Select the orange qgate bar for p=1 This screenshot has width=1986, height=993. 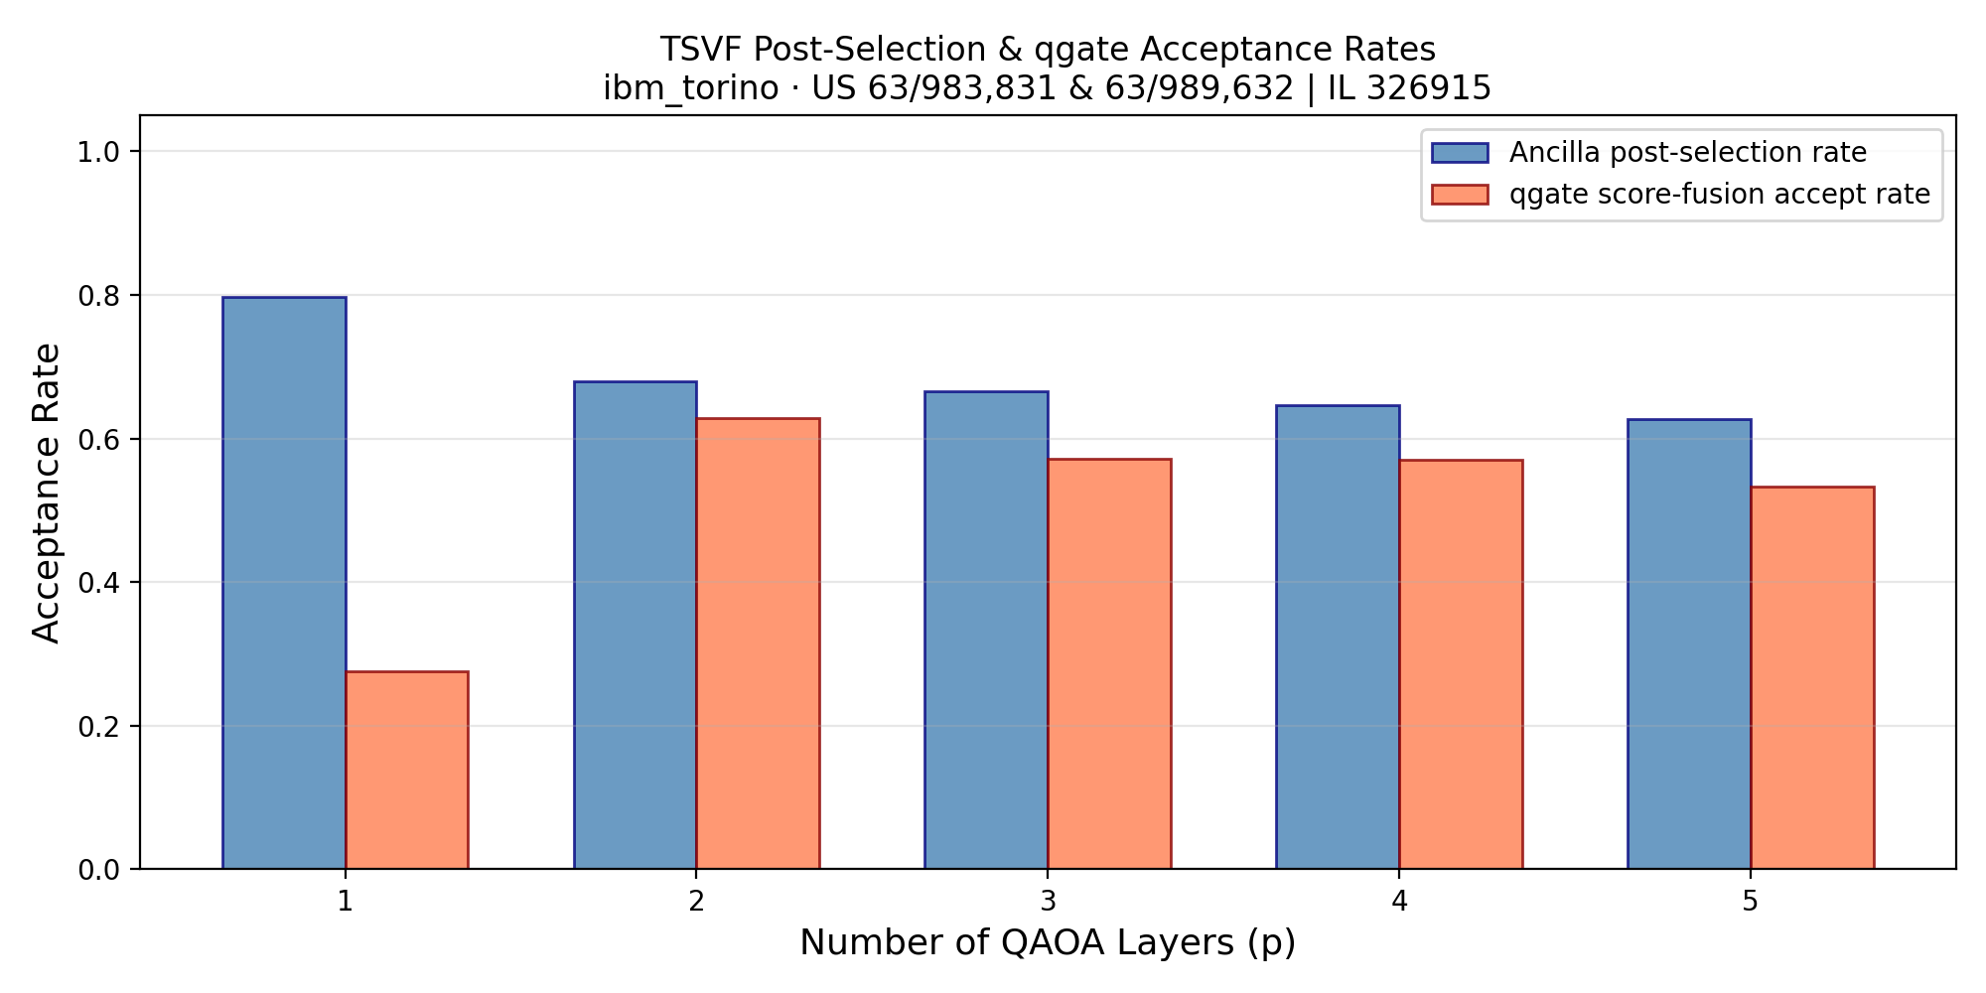(x=407, y=771)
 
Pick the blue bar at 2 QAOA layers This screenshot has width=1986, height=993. (x=636, y=626)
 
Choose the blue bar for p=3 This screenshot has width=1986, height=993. (x=986, y=631)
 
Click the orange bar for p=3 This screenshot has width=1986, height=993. (x=1109, y=664)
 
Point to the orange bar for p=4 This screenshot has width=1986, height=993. (x=1461, y=664)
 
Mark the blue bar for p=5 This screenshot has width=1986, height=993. (x=1689, y=644)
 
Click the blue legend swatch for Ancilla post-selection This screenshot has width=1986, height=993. (x=1460, y=153)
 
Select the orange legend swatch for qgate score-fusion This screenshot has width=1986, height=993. (x=1460, y=195)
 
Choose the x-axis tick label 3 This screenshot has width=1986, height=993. (x=1048, y=902)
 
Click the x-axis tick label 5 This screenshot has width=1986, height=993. (x=1750, y=902)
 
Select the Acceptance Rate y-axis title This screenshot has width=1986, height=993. (x=47, y=493)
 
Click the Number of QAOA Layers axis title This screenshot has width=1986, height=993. (x=1048, y=943)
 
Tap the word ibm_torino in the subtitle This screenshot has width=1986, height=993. (x=690, y=89)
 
